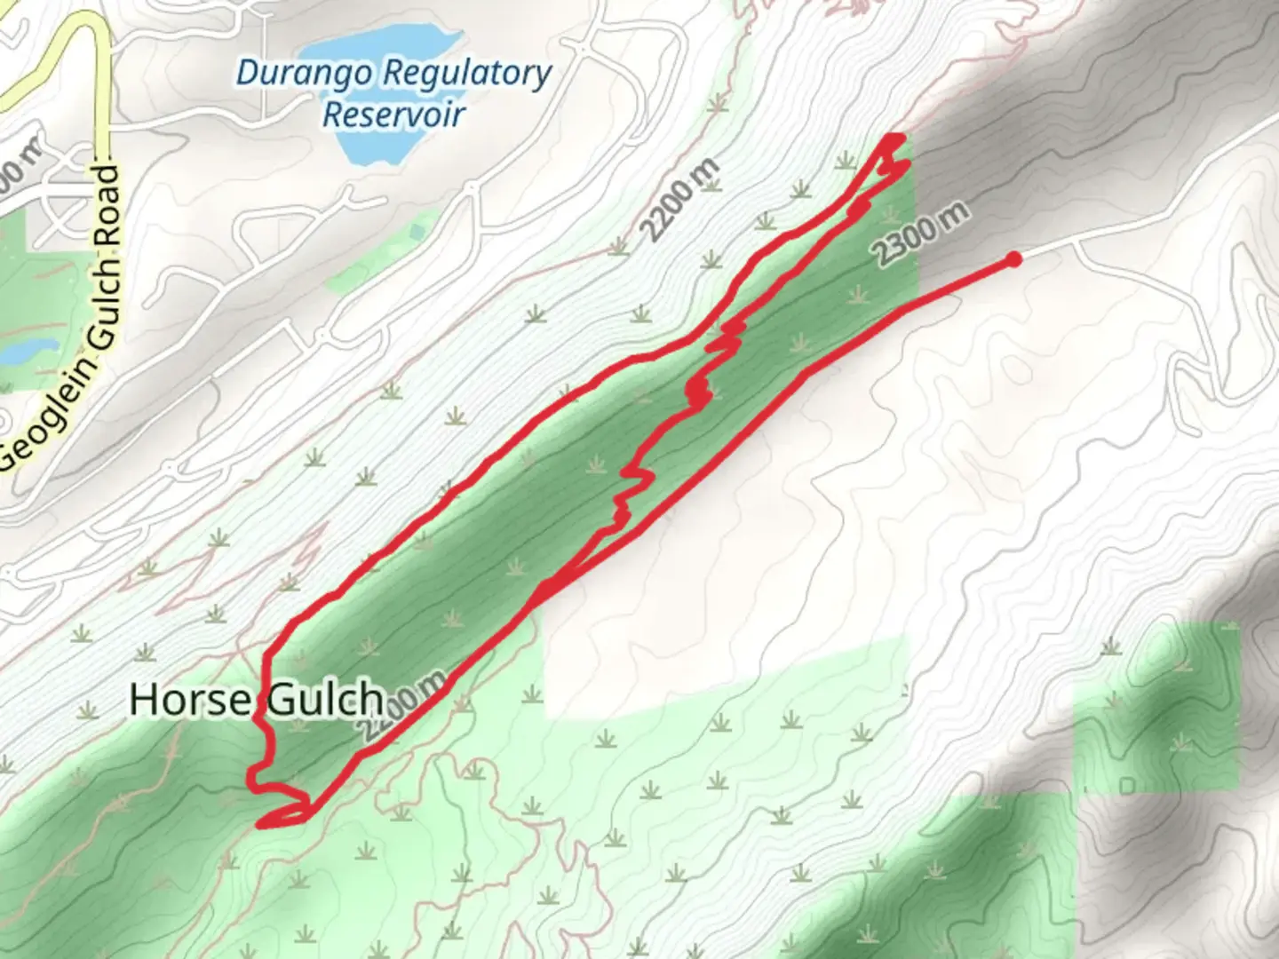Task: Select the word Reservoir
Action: [393, 115]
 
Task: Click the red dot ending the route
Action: [1013, 258]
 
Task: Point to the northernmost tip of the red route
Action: [895, 138]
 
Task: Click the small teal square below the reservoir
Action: [417, 233]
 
